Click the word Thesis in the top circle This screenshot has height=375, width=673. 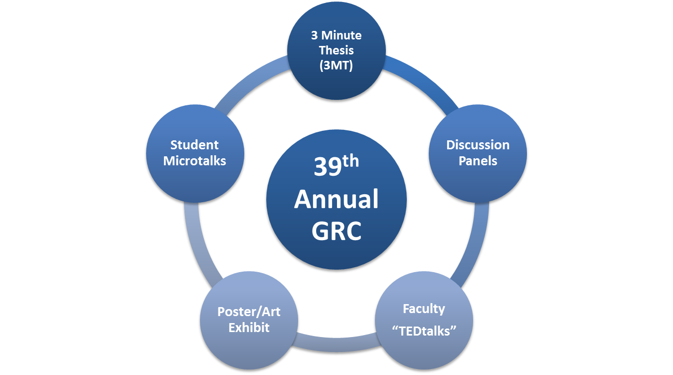(336, 50)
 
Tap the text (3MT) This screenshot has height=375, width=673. (336, 65)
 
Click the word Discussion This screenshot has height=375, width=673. (478, 145)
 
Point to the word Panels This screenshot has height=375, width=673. (478, 161)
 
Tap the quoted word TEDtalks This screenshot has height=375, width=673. (423, 331)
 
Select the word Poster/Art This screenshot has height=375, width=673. (249, 312)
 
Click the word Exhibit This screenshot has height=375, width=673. (249, 328)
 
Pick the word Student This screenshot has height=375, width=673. (194, 145)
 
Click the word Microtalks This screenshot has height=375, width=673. (194, 161)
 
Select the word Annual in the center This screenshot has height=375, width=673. (336, 200)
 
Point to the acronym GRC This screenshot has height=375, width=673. (336, 231)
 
